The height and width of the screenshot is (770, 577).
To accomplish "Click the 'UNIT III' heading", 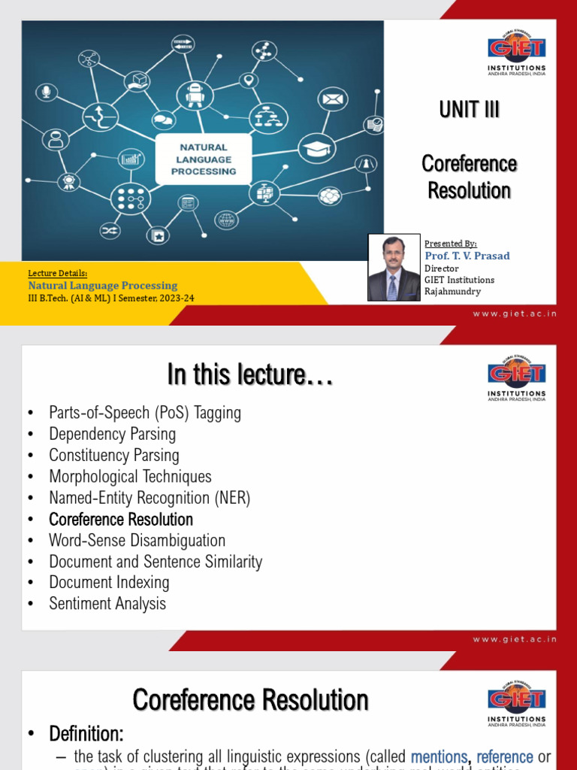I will (470, 110).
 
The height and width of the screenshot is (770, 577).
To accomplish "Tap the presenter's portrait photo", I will (394, 267).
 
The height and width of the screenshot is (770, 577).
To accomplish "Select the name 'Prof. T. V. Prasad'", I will (467, 256).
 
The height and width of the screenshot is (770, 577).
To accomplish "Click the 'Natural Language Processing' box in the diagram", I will (203, 159).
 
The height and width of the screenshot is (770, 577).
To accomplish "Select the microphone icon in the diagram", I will (47, 92).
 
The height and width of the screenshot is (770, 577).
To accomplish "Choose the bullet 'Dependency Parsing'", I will (112, 434).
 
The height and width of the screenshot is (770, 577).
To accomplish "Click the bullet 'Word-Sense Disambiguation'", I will (137, 540).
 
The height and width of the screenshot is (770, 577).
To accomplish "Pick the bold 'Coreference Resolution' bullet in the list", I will (121, 519).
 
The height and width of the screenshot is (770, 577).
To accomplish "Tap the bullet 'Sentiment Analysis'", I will (107, 603).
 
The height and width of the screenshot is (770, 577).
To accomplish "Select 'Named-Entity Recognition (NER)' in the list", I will (150, 498).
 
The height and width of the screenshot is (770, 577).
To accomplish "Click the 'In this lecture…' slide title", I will (250, 374).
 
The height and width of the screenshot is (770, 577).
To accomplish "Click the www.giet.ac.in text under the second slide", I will (515, 639).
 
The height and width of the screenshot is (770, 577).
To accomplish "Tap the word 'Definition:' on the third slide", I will (86, 733).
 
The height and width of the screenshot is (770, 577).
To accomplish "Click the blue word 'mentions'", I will (440, 757).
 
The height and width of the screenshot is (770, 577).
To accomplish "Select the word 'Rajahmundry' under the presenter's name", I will (453, 291).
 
